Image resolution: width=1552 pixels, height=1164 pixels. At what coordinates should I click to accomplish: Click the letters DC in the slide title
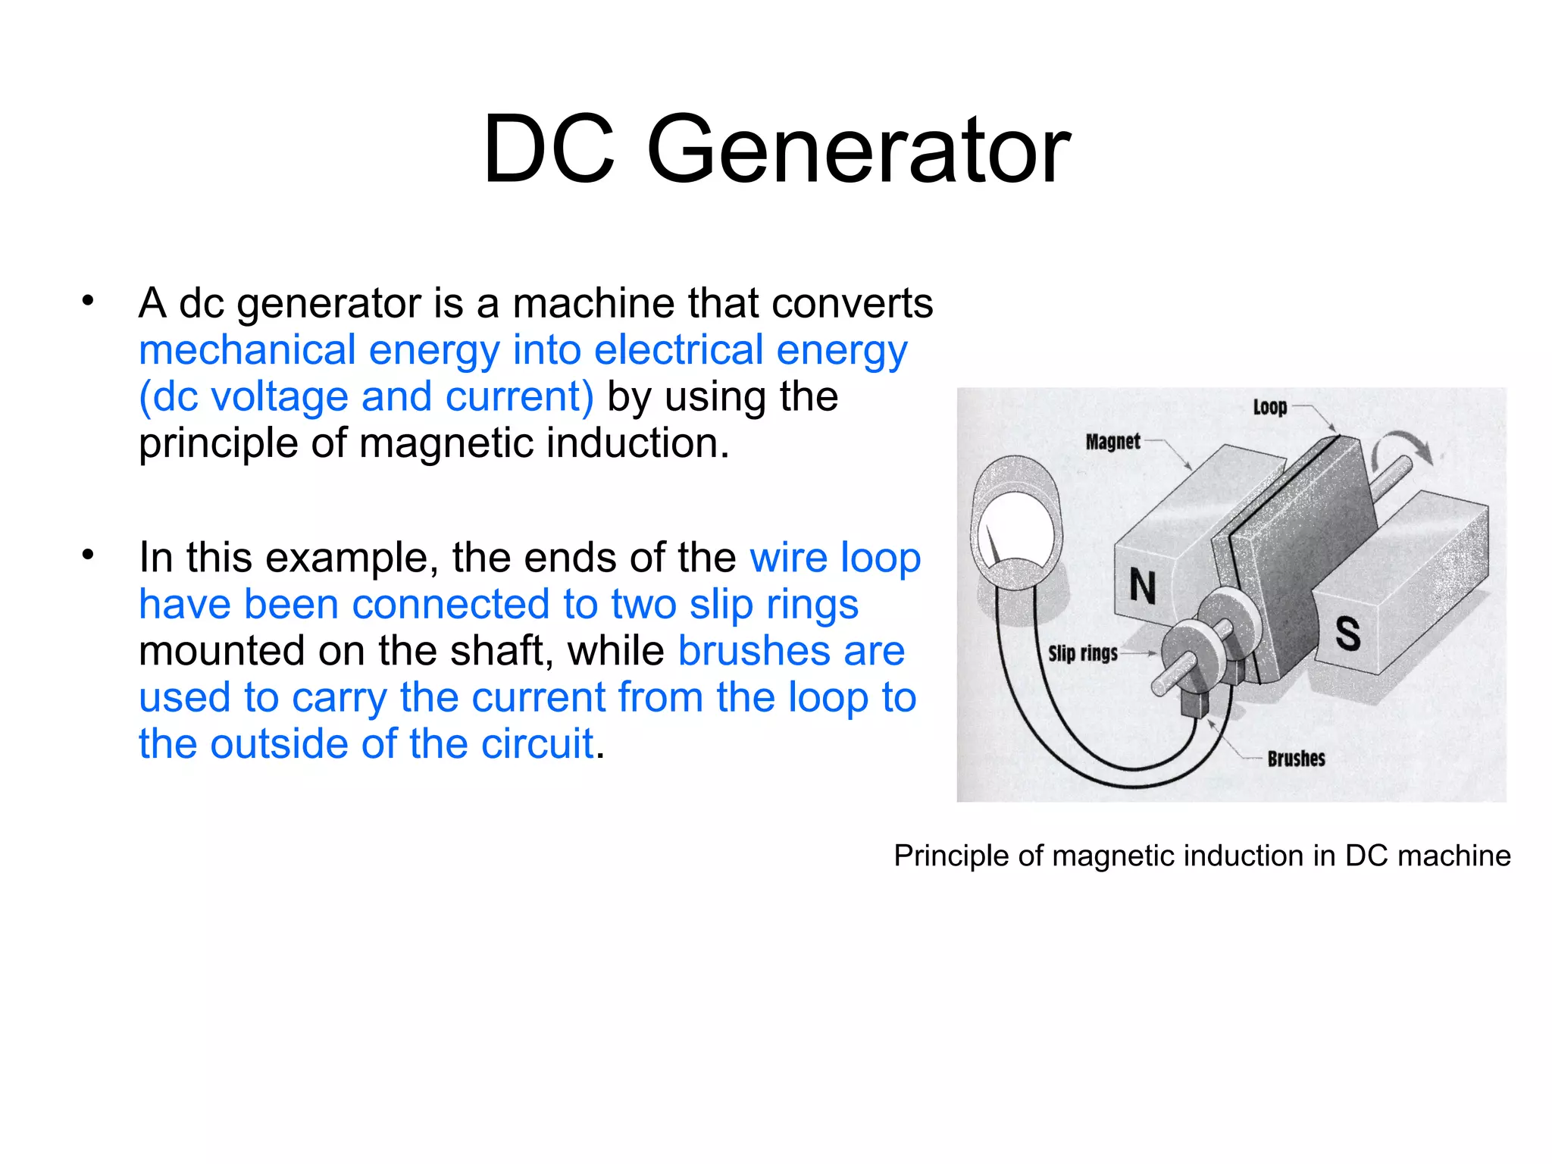point(549,149)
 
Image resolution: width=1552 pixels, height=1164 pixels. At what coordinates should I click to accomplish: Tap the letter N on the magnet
point(1143,587)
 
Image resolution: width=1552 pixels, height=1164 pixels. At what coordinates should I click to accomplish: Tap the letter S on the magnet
point(1347,633)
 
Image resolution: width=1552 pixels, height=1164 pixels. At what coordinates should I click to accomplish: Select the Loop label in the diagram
point(1270,408)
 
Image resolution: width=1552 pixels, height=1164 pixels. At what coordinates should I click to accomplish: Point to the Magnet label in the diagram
point(1112,442)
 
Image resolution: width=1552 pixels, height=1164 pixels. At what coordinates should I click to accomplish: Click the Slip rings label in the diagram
point(1082,653)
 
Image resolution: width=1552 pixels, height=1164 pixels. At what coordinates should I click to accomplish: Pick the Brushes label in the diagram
point(1296,759)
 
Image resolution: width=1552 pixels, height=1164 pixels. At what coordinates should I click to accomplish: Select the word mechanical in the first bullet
point(247,350)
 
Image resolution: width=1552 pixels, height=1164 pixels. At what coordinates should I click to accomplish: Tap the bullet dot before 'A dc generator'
point(88,302)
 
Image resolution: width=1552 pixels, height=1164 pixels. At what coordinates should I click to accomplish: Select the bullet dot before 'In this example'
point(88,555)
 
